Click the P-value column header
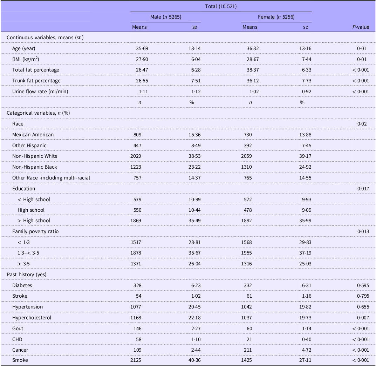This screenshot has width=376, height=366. pyautogui.click(x=361, y=27)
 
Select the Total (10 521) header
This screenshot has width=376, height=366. pyautogui.click(x=221, y=6)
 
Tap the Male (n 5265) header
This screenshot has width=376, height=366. pyautogui.click(x=166, y=17)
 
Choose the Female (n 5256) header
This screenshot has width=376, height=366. pyautogui.click(x=276, y=17)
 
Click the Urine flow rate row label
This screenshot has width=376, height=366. pyautogui.click(x=40, y=91)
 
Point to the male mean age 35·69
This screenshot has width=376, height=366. pyautogui.click(x=142, y=48)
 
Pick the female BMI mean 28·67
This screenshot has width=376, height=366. pyautogui.click(x=253, y=59)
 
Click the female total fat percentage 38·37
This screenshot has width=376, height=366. pyautogui.click(x=253, y=70)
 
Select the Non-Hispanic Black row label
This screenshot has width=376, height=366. pyautogui.click(x=35, y=167)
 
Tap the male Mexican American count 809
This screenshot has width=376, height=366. pyautogui.click(x=137, y=135)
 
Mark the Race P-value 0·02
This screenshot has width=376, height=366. pyautogui.click(x=362, y=124)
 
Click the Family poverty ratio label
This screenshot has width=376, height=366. pyautogui.click(x=35, y=231)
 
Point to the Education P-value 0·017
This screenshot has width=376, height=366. pyautogui.click(x=363, y=189)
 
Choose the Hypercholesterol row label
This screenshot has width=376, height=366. pyautogui.click(x=32, y=318)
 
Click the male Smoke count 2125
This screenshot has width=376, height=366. pyautogui.click(x=136, y=360)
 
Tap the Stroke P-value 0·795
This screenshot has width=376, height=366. pyautogui.click(x=363, y=296)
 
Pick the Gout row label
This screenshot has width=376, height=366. pyautogui.click(x=18, y=328)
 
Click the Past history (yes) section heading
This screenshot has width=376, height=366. pyautogui.click(x=27, y=274)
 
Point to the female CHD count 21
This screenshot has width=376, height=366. pyautogui.click(x=249, y=339)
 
